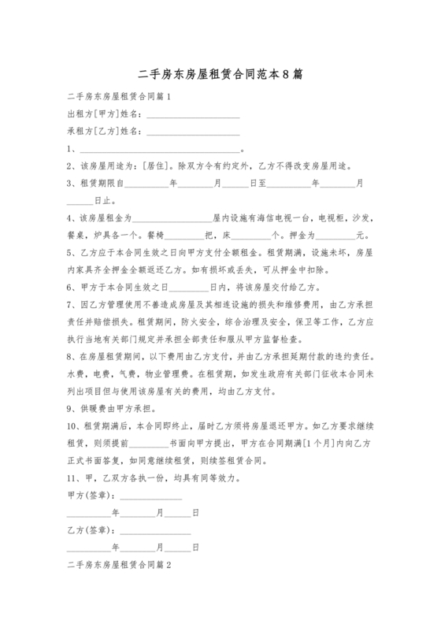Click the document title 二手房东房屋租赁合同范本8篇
pyautogui.click(x=220, y=76)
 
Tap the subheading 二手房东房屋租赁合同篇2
pyautogui.click(x=119, y=566)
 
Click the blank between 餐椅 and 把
pyautogui.click(x=184, y=235)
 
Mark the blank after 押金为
pyautogui.click(x=335, y=235)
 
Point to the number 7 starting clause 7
pyautogui.click(x=70, y=304)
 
